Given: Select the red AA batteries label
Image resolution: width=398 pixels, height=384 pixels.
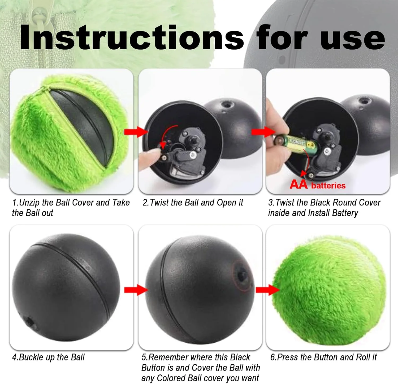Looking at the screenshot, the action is (x=318, y=184).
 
